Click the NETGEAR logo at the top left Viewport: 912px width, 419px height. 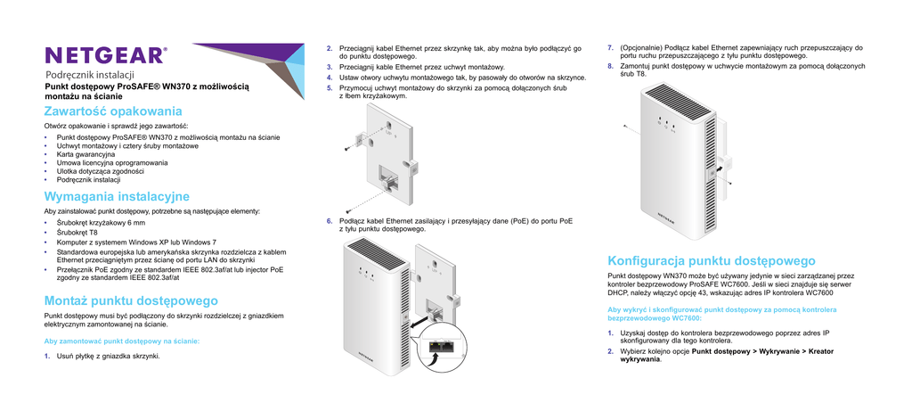[105, 55]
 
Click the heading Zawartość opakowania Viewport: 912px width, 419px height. [113, 111]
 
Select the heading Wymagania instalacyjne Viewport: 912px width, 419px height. [117, 195]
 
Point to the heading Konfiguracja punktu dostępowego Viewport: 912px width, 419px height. [711, 260]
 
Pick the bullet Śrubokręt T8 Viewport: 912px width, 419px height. [77, 232]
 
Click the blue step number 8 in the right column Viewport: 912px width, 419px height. [609, 66]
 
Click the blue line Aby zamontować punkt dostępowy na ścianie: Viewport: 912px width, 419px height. [121, 341]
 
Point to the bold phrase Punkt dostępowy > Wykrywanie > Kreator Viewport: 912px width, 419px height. [762, 351]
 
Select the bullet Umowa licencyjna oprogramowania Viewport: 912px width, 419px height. [111, 163]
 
